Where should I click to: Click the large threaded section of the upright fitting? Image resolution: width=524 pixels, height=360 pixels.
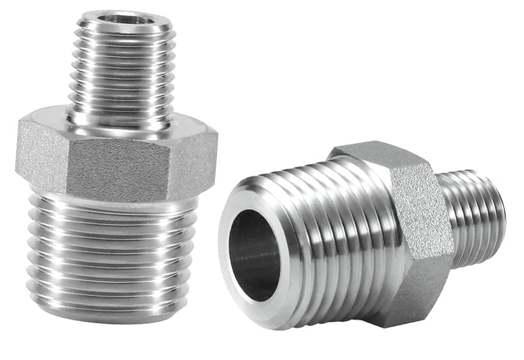(x=111, y=250)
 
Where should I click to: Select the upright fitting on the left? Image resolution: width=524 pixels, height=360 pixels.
(x=116, y=175)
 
